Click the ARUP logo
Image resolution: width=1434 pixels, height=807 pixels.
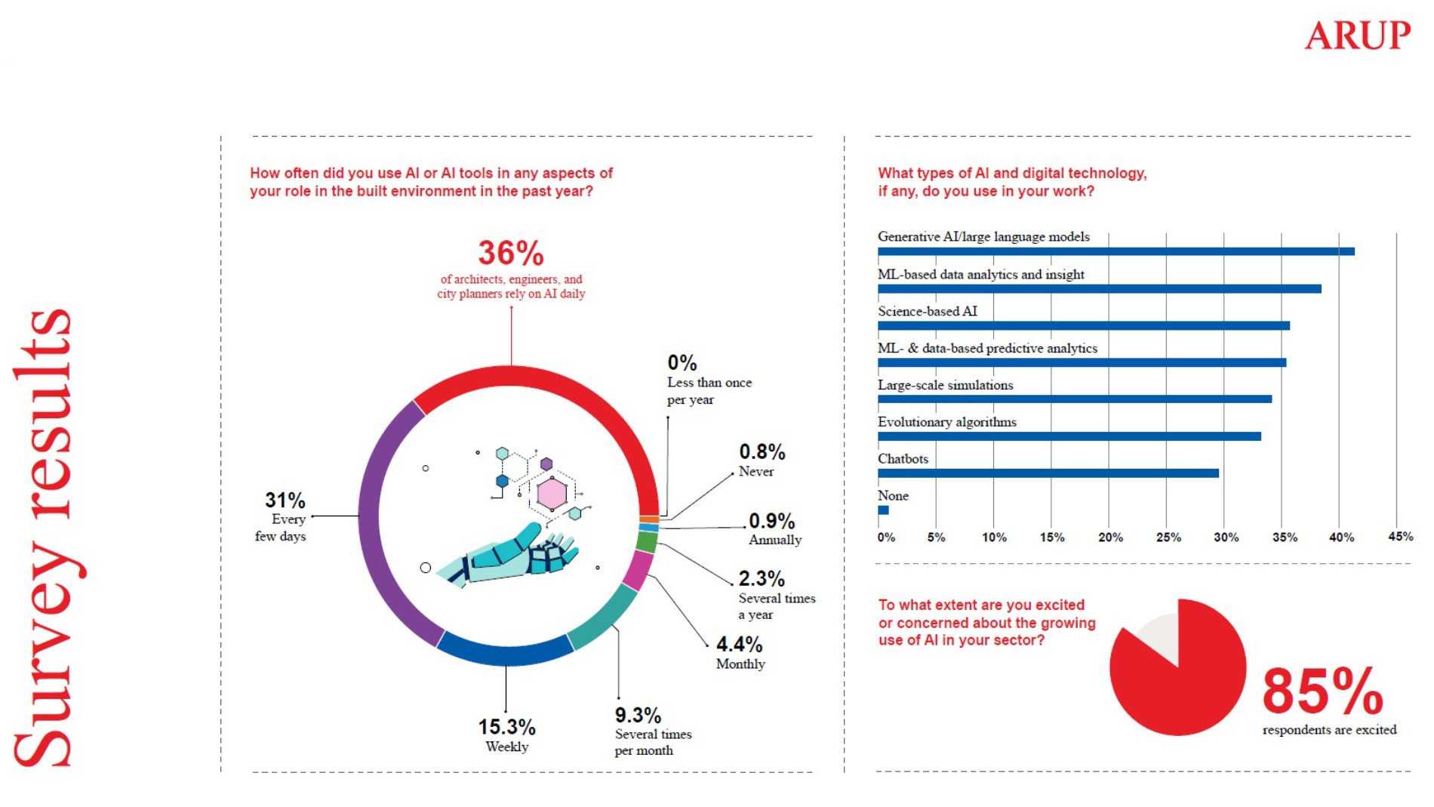1357,35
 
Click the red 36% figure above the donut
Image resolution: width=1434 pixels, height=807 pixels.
511,253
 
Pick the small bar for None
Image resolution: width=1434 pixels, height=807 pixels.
883,510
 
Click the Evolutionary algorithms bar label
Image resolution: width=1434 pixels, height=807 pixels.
946,422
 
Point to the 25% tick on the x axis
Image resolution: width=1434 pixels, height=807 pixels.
1168,537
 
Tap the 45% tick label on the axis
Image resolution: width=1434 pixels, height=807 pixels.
1400,537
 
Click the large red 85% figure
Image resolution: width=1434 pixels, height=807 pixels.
1322,691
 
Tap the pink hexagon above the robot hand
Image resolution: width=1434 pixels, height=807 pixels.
552,494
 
